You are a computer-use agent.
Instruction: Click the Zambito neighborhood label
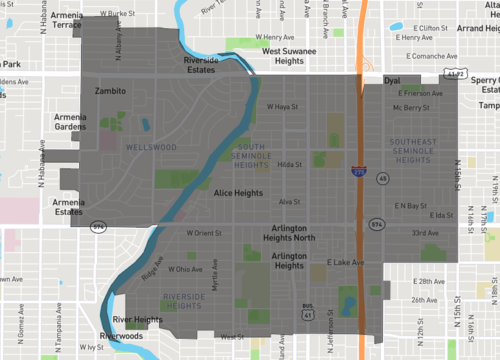[110, 90]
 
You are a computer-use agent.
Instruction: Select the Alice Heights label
[237, 191]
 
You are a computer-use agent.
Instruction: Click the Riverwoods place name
[120, 336]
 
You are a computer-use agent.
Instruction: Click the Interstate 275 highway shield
[358, 172]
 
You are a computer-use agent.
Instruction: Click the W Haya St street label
[283, 108]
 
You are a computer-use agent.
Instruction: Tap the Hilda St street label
[290, 164]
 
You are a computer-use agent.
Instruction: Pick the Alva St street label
[289, 201]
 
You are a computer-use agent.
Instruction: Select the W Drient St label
[205, 233]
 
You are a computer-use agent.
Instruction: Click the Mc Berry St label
[410, 108]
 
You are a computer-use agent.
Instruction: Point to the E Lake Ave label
[345, 263]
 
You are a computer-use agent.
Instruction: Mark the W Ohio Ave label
[185, 269]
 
